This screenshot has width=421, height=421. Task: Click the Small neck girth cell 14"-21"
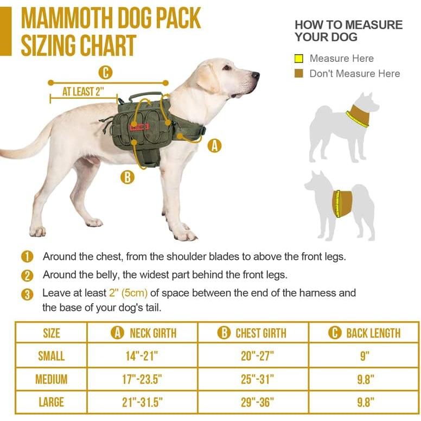(142, 356)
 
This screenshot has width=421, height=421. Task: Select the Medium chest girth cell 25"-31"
(258, 379)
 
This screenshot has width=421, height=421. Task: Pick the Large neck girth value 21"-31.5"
(142, 402)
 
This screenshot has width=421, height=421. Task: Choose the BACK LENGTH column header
(365, 333)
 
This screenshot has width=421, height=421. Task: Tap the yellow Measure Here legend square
(298, 59)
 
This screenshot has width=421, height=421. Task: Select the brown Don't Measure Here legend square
(298, 74)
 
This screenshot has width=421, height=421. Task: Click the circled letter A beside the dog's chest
(215, 145)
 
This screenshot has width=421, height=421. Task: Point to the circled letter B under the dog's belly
(127, 177)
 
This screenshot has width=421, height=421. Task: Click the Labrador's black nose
(256, 75)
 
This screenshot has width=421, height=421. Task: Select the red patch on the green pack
(139, 126)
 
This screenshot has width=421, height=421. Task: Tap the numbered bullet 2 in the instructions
(27, 275)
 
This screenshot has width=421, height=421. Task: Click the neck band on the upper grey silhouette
(358, 115)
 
